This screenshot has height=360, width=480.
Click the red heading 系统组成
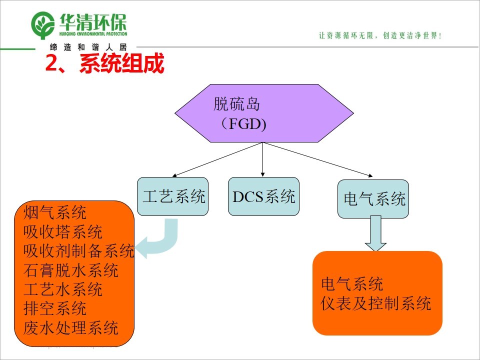click(x=121, y=64)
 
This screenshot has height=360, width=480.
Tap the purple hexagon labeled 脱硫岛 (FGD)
click(x=263, y=113)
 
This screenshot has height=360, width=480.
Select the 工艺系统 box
click(x=173, y=196)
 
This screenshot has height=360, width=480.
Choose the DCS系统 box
click(x=263, y=196)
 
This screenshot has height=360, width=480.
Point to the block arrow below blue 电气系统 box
click(x=375, y=234)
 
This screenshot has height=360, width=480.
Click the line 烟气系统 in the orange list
click(x=55, y=212)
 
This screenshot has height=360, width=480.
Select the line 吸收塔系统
click(x=63, y=232)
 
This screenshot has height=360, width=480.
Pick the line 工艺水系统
click(x=63, y=289)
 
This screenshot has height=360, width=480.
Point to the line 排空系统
click(x=55, y=308)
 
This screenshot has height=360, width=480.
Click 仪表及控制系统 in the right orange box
click(x=375, y=303)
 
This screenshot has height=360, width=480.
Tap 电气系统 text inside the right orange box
click(x=352, y=284)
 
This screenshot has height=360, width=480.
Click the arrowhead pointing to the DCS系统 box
click(x=263, y=174)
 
